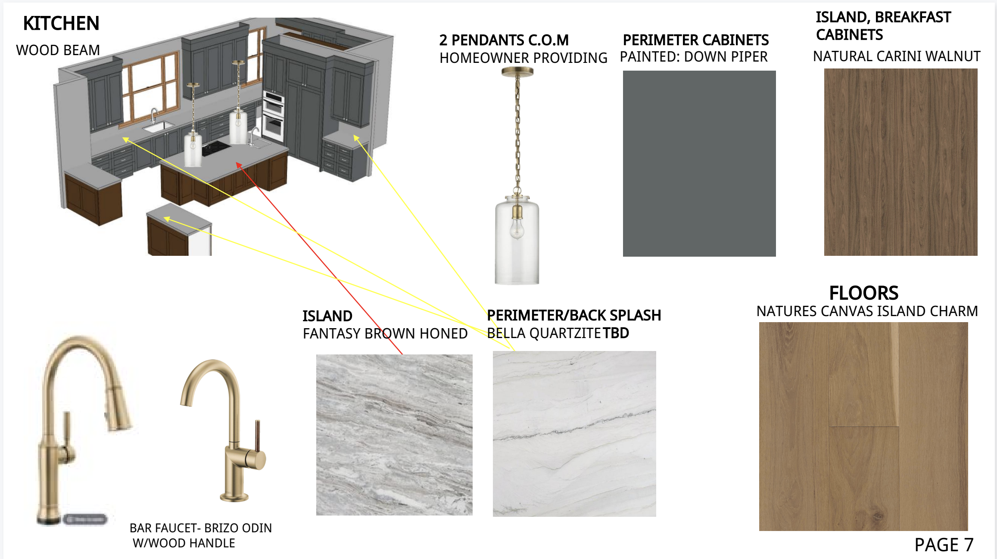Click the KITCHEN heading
tap(61, 23)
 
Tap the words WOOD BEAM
tap(58, 50)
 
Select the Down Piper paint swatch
tap(699, 164)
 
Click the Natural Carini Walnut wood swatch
tap(900, 162)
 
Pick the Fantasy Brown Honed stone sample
tap(394, 435)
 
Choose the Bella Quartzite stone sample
tap(574, 434)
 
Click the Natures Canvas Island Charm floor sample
tap(863, 426)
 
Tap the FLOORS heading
tap(863, 293)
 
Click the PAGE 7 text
tap(944, 545)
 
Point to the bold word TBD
tap(616, 333)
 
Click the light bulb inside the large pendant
tap(517, 228)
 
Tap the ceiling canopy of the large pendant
tap(517, 72)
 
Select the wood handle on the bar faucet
tap(258, 435)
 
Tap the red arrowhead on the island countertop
tap(239, 165)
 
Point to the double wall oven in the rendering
tap(274, 115)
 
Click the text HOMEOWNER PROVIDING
tap(523, 58)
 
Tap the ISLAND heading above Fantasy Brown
tap(327, 316)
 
